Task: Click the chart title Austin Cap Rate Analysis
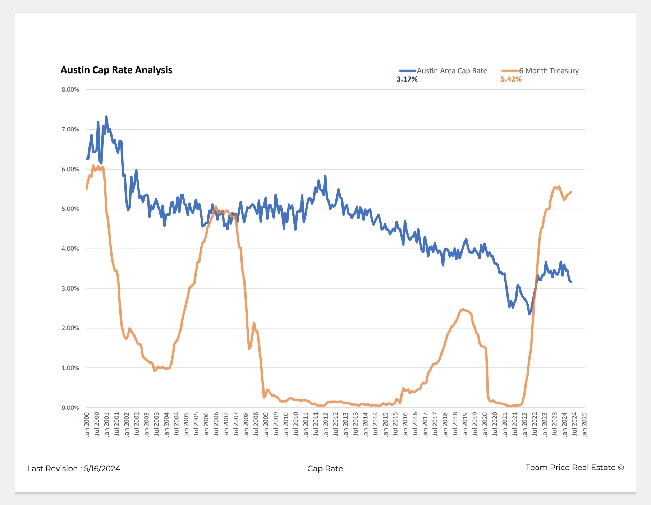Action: tap(116, 70)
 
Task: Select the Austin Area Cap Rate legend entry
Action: tap(451, 71)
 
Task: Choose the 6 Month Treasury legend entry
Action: tap(549, 71)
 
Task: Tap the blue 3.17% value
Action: tap(407, 79)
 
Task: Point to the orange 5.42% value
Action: tap(511, 79)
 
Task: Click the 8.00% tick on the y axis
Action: tap(70, 89)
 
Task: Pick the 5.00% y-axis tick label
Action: tap(70, 209)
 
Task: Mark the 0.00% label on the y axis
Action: tap(70, 408)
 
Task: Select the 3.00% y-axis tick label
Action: tap(70, 288)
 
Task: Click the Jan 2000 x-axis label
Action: tap(87, 425)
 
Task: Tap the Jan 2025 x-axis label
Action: tap(584, 425)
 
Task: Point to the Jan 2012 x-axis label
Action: tap(326, 425)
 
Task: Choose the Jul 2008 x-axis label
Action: tap(256, 425)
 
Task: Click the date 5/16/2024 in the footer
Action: tap(102, 469)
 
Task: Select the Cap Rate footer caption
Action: tap(325, 469)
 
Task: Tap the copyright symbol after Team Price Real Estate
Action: tap(621, 468)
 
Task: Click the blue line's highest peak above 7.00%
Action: tap(106, 116)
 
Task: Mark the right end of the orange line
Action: tap(571, 192)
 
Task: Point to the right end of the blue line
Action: tap(571, 282)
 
